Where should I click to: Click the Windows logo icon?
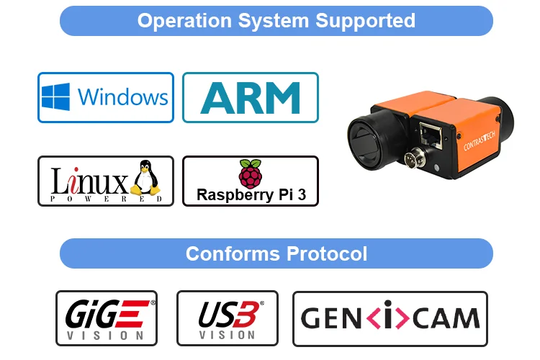tap(56, 97)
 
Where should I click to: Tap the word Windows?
tap(122, 97)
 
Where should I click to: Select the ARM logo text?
tap(250, 98)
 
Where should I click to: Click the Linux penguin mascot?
tap(146, 179)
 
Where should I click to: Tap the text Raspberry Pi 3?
tap(250, 195)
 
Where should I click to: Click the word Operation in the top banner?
tap(181, 20)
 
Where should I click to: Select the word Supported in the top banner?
tap(364, 20)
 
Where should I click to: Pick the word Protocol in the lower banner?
tap(327, 253)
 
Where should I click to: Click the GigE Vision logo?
tap(106, 318)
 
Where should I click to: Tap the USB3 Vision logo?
tap(227, 318)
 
